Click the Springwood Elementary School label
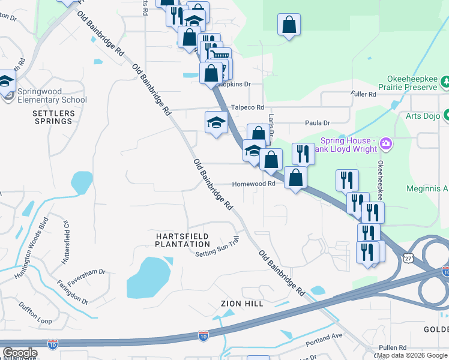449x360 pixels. pos(52,95)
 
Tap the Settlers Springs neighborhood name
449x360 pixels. pos(53,117)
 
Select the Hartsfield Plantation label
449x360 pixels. pos(182,240)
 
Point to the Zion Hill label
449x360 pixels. pos(242,304)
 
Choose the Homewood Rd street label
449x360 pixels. pos(253,184)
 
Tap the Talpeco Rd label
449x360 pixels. pos(248,107)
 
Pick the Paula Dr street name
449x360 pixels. pos(318,123)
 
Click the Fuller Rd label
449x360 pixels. pos(364,94)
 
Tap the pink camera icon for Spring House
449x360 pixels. pos(385,144)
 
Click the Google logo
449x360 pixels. pos(20,353)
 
